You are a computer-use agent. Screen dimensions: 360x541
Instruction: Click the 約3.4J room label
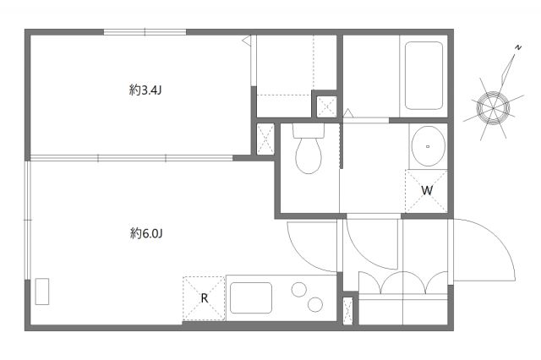click(146, 90)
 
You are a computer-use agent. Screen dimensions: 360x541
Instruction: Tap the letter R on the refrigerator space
click(204, 298)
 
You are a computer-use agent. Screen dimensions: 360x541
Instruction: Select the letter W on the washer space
click(427, 190)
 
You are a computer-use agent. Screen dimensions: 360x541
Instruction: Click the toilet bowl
click(309, 152)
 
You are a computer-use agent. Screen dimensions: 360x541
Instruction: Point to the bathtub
click(424, 75)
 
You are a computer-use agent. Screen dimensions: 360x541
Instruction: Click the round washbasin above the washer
click(428, 147)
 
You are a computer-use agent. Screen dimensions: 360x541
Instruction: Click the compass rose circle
click(491, 107)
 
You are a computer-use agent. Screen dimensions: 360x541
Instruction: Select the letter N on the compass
click(517, 48)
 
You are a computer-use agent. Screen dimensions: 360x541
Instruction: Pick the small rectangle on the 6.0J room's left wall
click(41, 291)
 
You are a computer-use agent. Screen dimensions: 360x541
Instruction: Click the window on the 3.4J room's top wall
click(145, 32)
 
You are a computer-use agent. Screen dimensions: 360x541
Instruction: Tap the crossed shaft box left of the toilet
click(265, 139)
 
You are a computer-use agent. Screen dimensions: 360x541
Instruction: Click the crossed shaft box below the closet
click(325, 106)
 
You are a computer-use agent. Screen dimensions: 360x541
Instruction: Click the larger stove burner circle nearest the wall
click(315, 304)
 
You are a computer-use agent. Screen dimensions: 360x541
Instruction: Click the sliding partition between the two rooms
click(131, 158)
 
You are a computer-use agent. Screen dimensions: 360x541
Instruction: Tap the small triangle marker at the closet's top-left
click(247, 40)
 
